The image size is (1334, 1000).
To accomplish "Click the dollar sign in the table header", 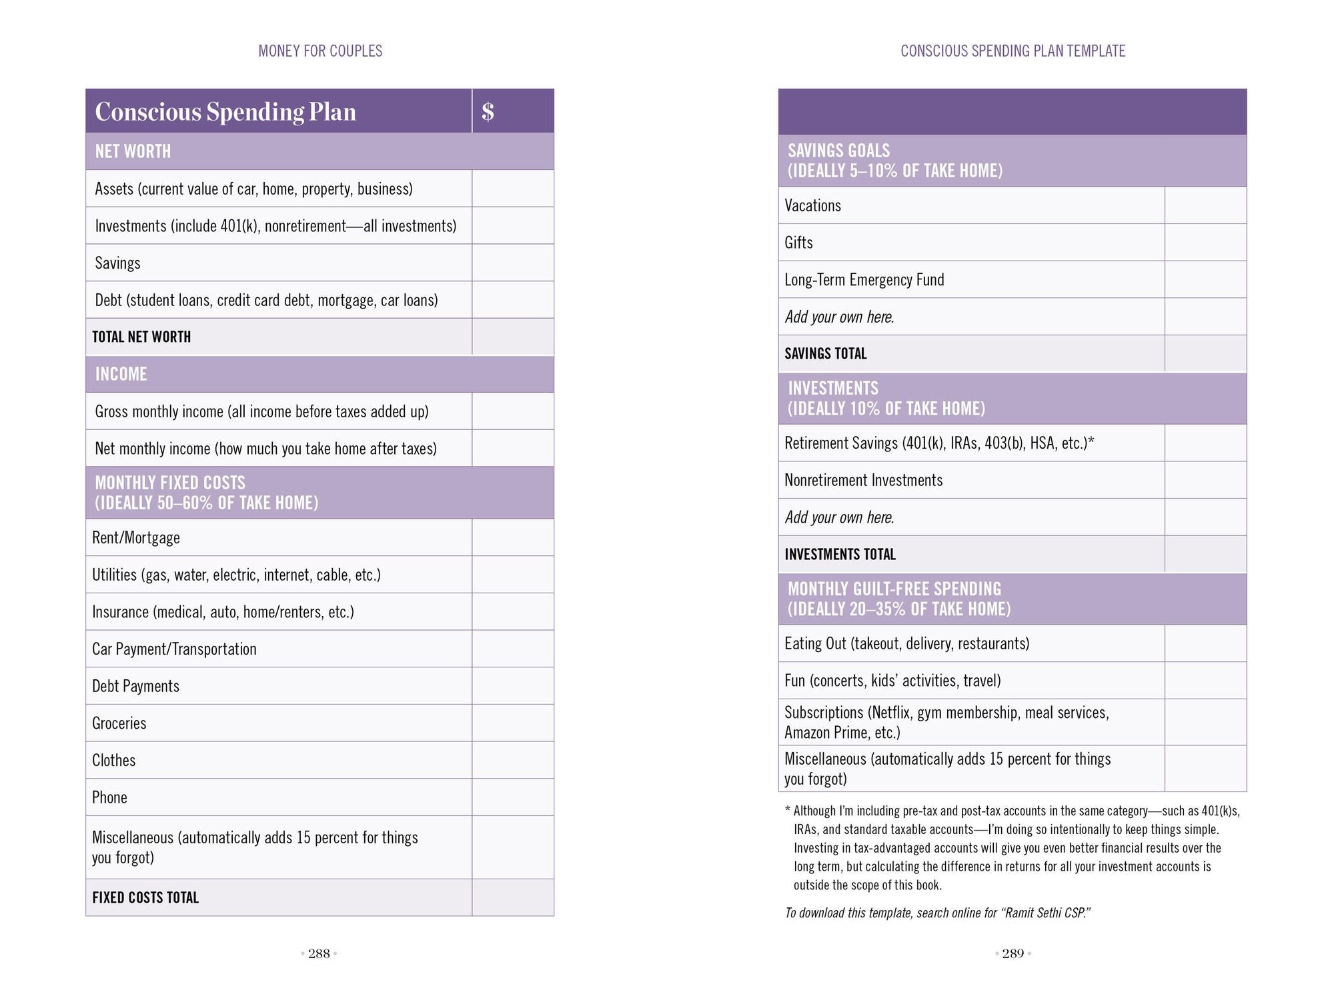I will tap(488, 111).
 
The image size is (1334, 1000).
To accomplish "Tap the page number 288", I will tap(319, 953).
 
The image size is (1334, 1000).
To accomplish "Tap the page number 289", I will tap(1013, 953).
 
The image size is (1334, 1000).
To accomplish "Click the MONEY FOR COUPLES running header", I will tap(320, 51).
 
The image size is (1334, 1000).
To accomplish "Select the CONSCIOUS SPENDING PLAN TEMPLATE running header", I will tap(1013, 51).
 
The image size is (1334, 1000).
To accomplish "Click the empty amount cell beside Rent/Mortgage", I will tap(512, 537).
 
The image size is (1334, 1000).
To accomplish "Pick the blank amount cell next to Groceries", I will tap(512, 723).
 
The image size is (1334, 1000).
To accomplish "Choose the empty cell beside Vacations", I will tap(1205, 205).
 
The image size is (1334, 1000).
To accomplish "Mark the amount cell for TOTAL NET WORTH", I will tap(512, 337).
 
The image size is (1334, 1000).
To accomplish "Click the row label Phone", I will tap(109, 797).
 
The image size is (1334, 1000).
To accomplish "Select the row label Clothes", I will tap(113, 760).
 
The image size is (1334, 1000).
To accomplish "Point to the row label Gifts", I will tap(798, 243).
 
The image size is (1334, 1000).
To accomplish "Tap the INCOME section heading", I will tap(121, 374).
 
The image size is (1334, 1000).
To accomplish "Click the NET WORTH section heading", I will tap(133, 151).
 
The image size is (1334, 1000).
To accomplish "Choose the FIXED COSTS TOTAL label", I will tap(145, 897).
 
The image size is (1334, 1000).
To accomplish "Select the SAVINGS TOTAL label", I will tap(825, 353).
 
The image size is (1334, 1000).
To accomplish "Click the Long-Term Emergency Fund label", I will tap(864, 279).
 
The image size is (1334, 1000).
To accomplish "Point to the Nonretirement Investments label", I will tap(863, 480).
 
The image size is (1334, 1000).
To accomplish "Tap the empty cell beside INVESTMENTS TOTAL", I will tap(1205, 554).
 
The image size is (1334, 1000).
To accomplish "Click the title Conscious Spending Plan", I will tap(225, 111).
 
